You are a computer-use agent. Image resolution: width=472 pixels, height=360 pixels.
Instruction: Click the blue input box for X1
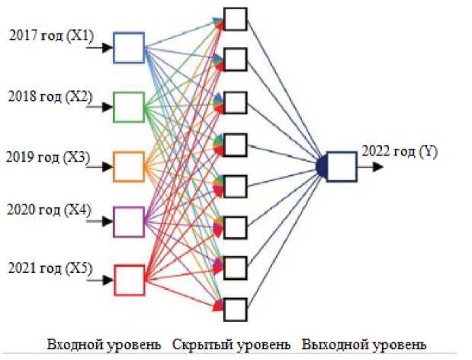point(128,48)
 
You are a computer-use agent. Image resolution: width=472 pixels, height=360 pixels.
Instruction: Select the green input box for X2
point(128,107)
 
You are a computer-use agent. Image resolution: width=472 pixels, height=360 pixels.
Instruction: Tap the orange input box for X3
point(128,163)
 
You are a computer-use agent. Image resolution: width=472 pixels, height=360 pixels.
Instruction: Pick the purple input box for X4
point(128,221)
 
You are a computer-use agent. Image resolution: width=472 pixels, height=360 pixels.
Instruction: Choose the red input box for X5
point(128,280)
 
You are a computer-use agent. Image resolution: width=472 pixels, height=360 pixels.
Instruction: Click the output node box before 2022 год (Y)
point(342,164)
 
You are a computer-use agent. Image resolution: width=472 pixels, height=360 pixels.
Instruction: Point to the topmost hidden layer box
point(236,19)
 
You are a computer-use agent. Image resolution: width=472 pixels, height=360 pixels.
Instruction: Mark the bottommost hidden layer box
point(236,309)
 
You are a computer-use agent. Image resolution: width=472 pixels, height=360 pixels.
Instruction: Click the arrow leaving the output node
point(371,164)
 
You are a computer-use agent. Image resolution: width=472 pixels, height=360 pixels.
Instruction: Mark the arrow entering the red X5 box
point(100,280)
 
